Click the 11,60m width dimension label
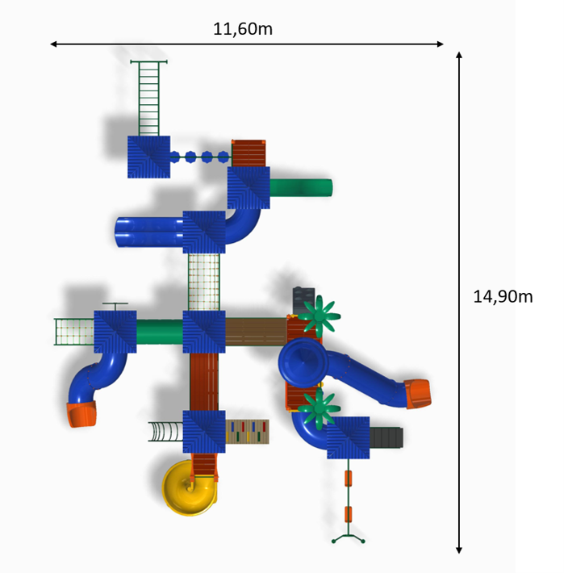click(x=243, y=29)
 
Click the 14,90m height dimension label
click(x=503, y=296)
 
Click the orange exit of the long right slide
click(x=419, y=393)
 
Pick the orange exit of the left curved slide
click(x=81, y=415)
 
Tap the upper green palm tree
click(x=320, y=316)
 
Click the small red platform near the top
click(x=249, y=153)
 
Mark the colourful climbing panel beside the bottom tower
click(x=247, y=432)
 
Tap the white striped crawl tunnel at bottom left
click(x=165, y=432)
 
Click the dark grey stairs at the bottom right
click(x=386, y=437)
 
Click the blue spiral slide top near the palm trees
click(x=302, y=362)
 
